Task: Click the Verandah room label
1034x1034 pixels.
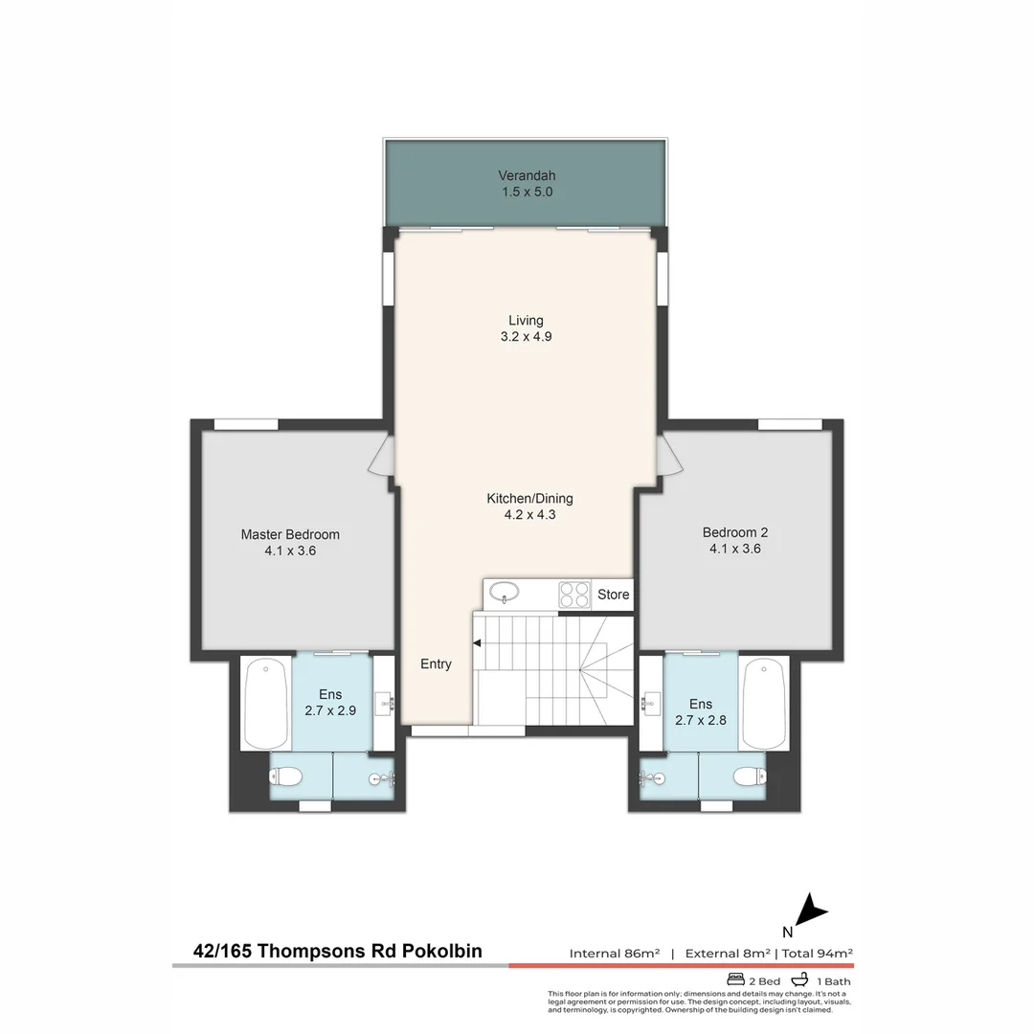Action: pyautogui.click(x=527, y=184)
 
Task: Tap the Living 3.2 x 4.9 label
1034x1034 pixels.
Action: pyautogui.click(x=526, y=328)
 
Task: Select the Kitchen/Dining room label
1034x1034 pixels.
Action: pyautogui.click(x=529, y=506)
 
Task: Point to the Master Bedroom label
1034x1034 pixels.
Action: pyautogui.click(x=290, y=542)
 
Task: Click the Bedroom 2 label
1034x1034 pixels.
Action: pyautogui.click(x=735, y=541)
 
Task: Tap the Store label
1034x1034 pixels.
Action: pyautogui.click(x=613, y=595)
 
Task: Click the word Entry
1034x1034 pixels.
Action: pyautogui.click(x=436, y=664)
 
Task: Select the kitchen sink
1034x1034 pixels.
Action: pyautogui.click(x=505, y=595)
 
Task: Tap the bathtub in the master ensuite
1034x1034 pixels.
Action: pyautogui.click(x=265, y=704)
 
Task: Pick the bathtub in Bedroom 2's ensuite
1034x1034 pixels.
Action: pyautogui.click(x=763, y=704)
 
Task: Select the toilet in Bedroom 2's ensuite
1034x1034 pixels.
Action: pyautogui.click(x=747, y=775)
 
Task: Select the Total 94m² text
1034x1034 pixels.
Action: pyautogui.click(x=818, y=953)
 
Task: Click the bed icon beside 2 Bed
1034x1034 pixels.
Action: pyautogui.click(x=736, y=980)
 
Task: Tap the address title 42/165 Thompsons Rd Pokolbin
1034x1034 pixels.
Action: pyautogui.click(x=338, y=951)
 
